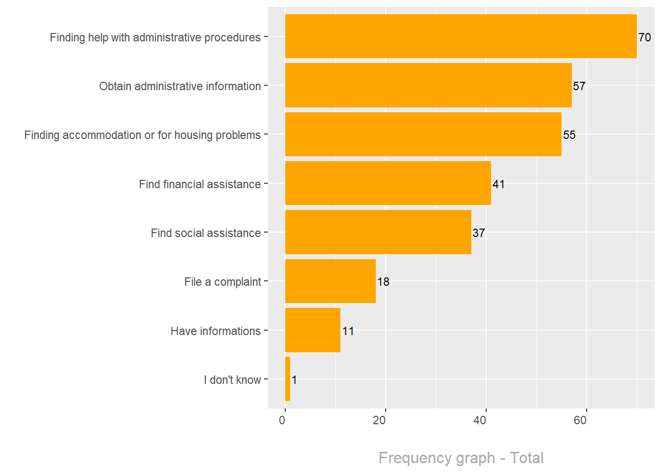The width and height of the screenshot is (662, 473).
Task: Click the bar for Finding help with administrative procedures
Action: pyautogui.click(x=461, y=36)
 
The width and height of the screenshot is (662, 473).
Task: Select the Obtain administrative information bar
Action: pyautogui.click(x=428, y=85)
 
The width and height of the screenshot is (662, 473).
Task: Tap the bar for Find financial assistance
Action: pyautogui.click(x=388, y=183)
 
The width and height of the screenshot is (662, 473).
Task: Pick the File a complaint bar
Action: pyautogui.click(x=330, y=281)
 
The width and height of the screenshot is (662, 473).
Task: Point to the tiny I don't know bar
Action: pyautogui.click(x=288, y=379)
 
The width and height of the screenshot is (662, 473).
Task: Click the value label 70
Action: pyautogui.click(x=644, y=37)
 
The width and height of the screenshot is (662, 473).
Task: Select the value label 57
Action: pyautogui.click(x=579, y=86)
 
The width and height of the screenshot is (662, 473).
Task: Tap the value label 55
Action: pyautogui.click(x=569, y=135)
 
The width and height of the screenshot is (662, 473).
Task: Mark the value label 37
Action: pyautogui.click(x=478, y=233)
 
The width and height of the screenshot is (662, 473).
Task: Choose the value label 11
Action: pyautogui.click(x=348, y=331)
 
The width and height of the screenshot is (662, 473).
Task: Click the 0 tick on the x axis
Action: pyautogui.click(x=282, y=420)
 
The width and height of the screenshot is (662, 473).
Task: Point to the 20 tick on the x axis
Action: pyautogui.click(x=379, y=420)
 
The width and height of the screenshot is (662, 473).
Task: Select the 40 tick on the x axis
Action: pyautogui.click(x=480, y=420)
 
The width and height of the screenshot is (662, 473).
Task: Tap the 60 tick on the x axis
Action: pyautogui.click(x=580, y=420)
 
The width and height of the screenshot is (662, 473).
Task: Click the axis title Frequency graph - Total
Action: pyautogui.click(x=461, y=458)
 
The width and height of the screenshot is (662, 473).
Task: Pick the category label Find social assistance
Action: pyautogui.click(x=205, y=233)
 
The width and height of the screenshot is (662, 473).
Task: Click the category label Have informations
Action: pyautogui.click(x=215, y=331)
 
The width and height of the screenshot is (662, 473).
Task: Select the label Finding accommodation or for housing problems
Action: pyautogui.click(x=142, y=135)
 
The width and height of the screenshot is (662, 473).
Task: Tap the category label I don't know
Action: pyautogui.click(x=232, y=380)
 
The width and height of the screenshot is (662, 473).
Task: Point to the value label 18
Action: pyautogui.click(x=383, y=282)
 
